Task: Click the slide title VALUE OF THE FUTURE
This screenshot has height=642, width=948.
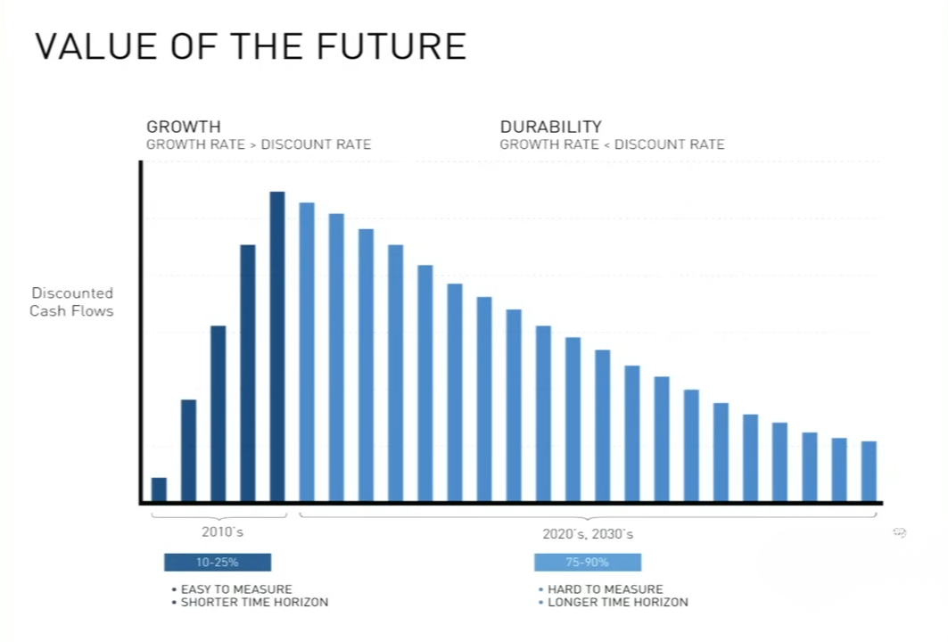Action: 251,46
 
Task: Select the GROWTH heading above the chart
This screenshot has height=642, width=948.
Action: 183,127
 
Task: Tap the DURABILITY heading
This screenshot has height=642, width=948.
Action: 550,127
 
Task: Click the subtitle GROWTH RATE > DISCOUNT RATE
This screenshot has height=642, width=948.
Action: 259,144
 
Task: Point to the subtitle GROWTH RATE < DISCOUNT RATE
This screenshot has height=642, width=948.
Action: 612,144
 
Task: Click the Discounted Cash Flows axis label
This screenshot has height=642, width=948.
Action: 71,302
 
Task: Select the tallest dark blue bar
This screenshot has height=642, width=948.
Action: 277,347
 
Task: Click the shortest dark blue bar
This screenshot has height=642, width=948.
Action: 159,490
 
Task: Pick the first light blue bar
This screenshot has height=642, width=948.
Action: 307,352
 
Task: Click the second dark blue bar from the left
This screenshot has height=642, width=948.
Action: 188,450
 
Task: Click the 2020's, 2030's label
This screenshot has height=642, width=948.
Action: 588,534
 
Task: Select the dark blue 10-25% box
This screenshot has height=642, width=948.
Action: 218,563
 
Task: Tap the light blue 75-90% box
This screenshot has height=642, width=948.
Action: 588,563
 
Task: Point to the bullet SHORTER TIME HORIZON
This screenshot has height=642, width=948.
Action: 254,602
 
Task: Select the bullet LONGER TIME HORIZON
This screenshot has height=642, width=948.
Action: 617,602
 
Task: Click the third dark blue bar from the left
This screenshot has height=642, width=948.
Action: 218,414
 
